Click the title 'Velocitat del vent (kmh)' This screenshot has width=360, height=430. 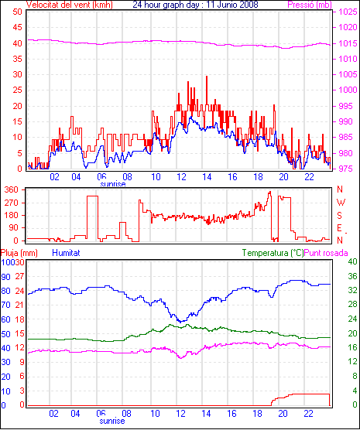tap(70, 5)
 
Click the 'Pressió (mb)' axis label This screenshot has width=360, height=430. tap(310, 5)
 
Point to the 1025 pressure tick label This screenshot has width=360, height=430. tap(348, 12)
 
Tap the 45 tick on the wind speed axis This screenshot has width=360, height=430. tap(17, 27)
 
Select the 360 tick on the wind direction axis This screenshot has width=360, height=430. tap(12, 189)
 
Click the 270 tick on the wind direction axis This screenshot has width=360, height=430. tap(12, 203)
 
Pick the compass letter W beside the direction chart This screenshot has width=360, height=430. tap(341, 203)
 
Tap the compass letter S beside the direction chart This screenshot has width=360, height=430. tap(340, 216)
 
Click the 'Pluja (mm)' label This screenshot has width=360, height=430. tap(19, 253)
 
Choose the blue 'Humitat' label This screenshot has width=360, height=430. tap(66, 253)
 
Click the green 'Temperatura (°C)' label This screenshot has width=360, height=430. tap(273, 253)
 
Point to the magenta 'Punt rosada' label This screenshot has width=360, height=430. tap(326, 253)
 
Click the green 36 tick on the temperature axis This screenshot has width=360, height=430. tap(352, 276)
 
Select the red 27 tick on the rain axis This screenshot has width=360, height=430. tap(20, 276)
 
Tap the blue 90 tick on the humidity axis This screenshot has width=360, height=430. tap(5, 277)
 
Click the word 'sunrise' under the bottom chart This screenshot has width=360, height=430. tap(112, 421)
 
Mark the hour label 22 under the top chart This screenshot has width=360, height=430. tap(309, 177)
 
